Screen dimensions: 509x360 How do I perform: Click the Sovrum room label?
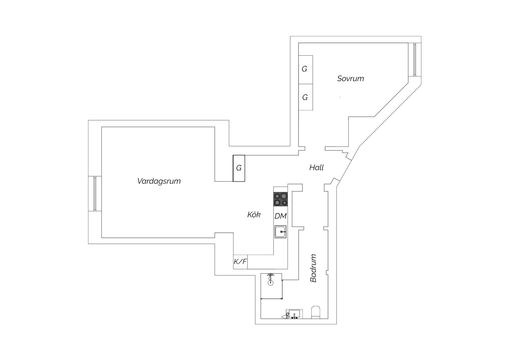click(350, 78)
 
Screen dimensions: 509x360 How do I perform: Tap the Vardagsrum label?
click(159, 181)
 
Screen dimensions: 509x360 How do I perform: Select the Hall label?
click(316, 168)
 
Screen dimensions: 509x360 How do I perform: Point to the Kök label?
click(254, 214)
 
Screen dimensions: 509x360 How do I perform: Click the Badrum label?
click(313, 268)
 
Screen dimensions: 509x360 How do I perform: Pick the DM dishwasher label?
click(280, 216)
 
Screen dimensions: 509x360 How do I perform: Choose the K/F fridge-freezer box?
click(240, 262)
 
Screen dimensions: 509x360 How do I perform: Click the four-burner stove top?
click(280, 199)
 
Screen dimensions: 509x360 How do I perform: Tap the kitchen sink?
click(280, 232)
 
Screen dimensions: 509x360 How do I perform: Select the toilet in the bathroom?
click(315, 312)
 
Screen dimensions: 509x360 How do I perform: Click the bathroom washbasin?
click(294, 314)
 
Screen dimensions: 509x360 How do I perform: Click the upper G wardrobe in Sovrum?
click(305, 70)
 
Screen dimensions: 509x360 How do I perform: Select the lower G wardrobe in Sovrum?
click(305, 97)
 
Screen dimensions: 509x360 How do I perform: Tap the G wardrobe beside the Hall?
click(239, 168)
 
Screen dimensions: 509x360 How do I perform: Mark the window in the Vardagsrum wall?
click(95, 194)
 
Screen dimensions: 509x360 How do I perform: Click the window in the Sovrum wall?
click(415, 59)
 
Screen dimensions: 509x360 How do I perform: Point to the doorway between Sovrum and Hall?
click(315, 149)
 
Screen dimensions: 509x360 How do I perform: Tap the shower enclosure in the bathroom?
click(271, 286)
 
